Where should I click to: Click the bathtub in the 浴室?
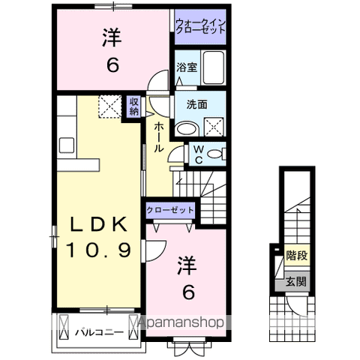tap(213, 67)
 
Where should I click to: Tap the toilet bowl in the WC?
tap(214, 154)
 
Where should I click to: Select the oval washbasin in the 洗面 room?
tap(187, 128)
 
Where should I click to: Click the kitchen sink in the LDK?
tap(67, 145)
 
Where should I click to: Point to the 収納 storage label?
tap(134, 106)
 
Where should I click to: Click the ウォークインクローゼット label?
tap(200, 26)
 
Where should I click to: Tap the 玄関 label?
tap(296, 282)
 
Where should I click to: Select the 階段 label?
tap(297, 255)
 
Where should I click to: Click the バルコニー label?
tap(99, 332)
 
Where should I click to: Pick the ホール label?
tap(158, 137)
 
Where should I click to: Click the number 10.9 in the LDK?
tap(98, 250)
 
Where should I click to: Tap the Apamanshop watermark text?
tap(181, 322)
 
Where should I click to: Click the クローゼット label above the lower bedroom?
tap(170, 210)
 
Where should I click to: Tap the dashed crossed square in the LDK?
tap(110, 106)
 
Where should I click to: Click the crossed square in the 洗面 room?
tap(214, 127)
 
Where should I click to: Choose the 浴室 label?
tap(187, 67)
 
